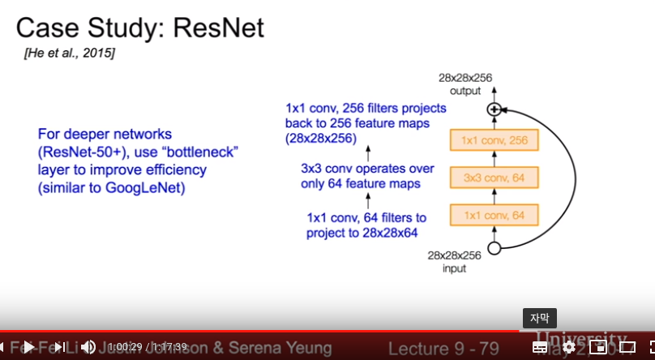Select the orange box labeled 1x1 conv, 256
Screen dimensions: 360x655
[494, 141]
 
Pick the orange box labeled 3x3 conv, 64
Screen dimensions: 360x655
[494, 178]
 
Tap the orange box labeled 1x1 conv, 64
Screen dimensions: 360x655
[494, 215]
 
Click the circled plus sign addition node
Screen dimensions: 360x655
[494, 109]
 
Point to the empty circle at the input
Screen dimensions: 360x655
[494, 248]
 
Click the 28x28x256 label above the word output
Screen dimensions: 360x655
[465, 79]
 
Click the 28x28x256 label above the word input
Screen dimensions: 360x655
[455, 255]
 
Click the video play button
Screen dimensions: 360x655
[28, 347]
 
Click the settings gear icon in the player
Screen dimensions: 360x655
[569, 347]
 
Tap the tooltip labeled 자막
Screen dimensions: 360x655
[540, 318]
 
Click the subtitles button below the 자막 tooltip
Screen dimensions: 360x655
[540, 347]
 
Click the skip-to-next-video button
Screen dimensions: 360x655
[59, 347]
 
